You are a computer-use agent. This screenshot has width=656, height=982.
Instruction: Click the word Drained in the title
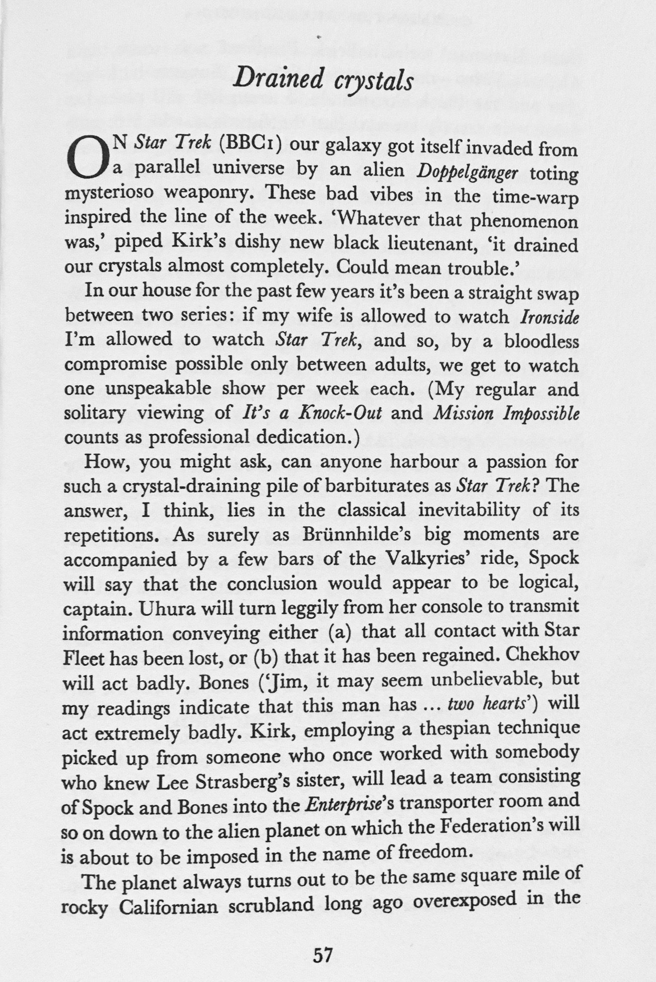[279, 78]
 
